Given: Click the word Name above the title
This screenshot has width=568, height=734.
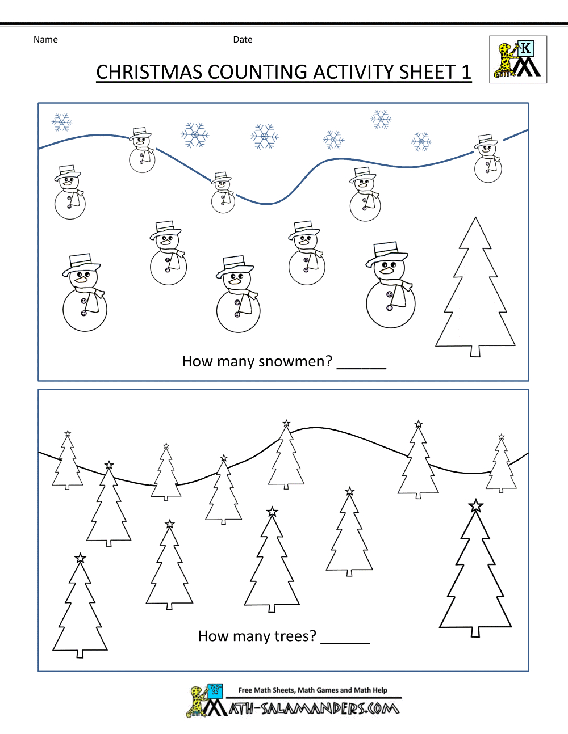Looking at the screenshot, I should pyautogui.click(x=45, y=40).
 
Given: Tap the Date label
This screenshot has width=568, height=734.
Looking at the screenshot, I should pyautogui.click(x=243, y=40).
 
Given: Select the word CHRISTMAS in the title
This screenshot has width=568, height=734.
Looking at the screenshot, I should pyautogui.click(x=149, y=73).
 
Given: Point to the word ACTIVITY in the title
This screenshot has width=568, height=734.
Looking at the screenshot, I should pyautogui.click(x=353, y=73).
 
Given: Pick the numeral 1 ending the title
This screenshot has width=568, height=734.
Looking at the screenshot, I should pyautogui.click(x=466, y=73).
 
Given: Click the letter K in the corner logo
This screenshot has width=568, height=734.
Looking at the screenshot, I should pyautogui.click(x=526, y=48).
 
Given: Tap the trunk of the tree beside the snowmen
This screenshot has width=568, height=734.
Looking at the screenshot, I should pyautogui.click(x=475, y=352).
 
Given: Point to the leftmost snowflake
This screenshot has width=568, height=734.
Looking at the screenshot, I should pyautogui.click(x=62, y=122).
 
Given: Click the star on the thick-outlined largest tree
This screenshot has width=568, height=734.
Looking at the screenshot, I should pyautogui.click(x=475, y=506).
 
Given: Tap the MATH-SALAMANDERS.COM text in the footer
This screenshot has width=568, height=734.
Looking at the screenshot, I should pyautogui.click(x=314, y=708).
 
